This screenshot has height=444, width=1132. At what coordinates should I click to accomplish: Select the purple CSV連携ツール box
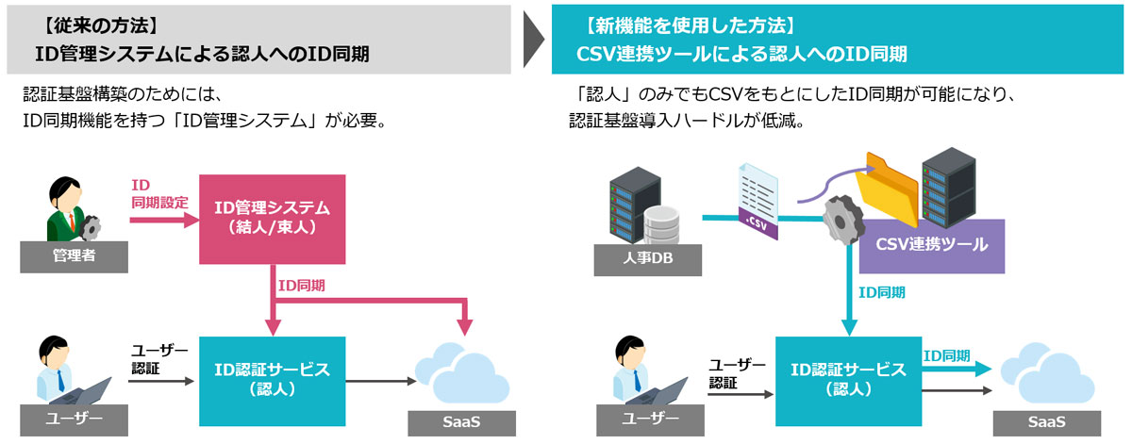pyautogui.click(x=931, y=245)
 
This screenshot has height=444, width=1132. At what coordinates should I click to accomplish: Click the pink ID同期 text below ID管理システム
pyautogui.click(x=304, y=285)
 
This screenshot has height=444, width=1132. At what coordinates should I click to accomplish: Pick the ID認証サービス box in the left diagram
pyautogui.click(x=272, y=379)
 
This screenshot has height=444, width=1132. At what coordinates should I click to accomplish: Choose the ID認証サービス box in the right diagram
pyautogui.click(x=847, y=379)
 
